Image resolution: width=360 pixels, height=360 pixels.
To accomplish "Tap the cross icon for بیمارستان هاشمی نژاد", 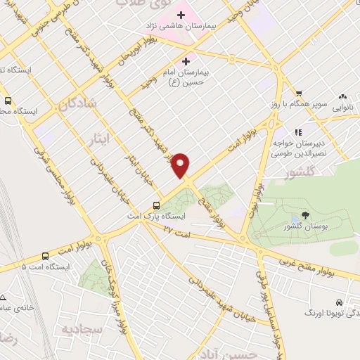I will pyautogui.click(x=181, y=15).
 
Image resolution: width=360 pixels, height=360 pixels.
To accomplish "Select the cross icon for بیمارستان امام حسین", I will pyautogui.click(x=186, y=60).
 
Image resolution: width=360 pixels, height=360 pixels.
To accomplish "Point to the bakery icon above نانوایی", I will pyautogui.click(x=342, y=96).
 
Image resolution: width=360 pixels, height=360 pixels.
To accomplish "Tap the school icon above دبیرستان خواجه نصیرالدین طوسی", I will pyautogui.click(x=298, y=131).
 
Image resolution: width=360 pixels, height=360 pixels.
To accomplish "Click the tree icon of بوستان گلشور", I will pyautogui.click(x=304, y=215).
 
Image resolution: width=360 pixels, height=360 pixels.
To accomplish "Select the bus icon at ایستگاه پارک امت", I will pyautogui.click(x=157, y=206).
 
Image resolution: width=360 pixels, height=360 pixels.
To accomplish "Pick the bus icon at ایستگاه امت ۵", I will pyautogui.click(x=46, y=256).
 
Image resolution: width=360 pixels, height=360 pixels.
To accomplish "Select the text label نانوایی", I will pyautogui.click(x=342, y=108).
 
